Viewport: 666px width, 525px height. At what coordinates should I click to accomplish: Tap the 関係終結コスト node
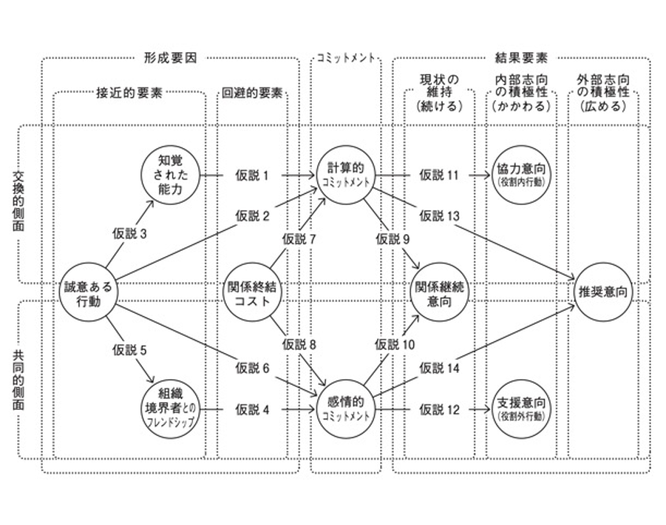click(x=253, y=292)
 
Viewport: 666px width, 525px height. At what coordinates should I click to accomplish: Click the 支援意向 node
click(x=523, y=408)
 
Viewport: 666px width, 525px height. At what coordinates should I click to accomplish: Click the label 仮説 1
click(x=253, y=175)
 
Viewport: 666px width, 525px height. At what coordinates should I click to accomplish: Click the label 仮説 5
click(x=130, y=348)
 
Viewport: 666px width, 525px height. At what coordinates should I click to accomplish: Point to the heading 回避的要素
click(x=250, y=92)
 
